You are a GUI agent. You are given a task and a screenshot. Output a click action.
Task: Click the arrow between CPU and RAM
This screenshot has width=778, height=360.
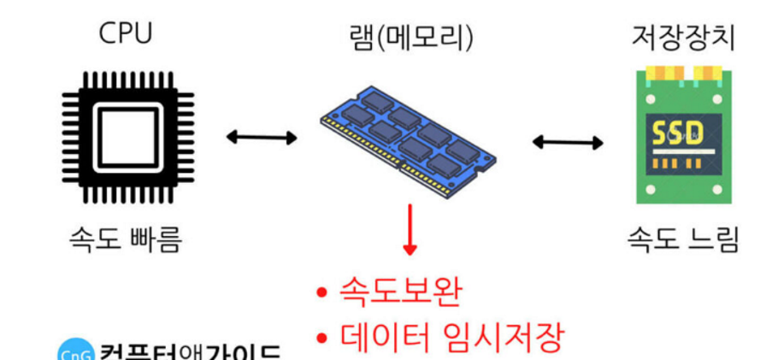click(262, 136)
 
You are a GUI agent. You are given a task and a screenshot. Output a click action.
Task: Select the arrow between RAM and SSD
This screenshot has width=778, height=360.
click(568, 141)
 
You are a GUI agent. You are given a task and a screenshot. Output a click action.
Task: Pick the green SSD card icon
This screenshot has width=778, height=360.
click(683, 137)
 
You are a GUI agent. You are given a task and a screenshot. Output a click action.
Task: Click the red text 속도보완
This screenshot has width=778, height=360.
click(400, 292)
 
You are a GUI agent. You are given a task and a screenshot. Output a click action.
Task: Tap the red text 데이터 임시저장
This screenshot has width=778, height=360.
click(452, 336)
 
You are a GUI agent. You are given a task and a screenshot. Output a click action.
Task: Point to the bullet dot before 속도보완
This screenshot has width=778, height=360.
click(322, 293)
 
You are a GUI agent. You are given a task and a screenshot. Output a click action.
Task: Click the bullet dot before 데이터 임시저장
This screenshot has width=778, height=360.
click(322, 338)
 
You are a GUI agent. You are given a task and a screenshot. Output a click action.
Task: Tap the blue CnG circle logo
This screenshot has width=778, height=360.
click(75, 352)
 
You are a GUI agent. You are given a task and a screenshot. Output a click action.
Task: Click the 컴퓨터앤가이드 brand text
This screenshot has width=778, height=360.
click(188, 352)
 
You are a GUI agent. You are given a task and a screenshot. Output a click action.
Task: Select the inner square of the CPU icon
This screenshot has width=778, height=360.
click(126, 135)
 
